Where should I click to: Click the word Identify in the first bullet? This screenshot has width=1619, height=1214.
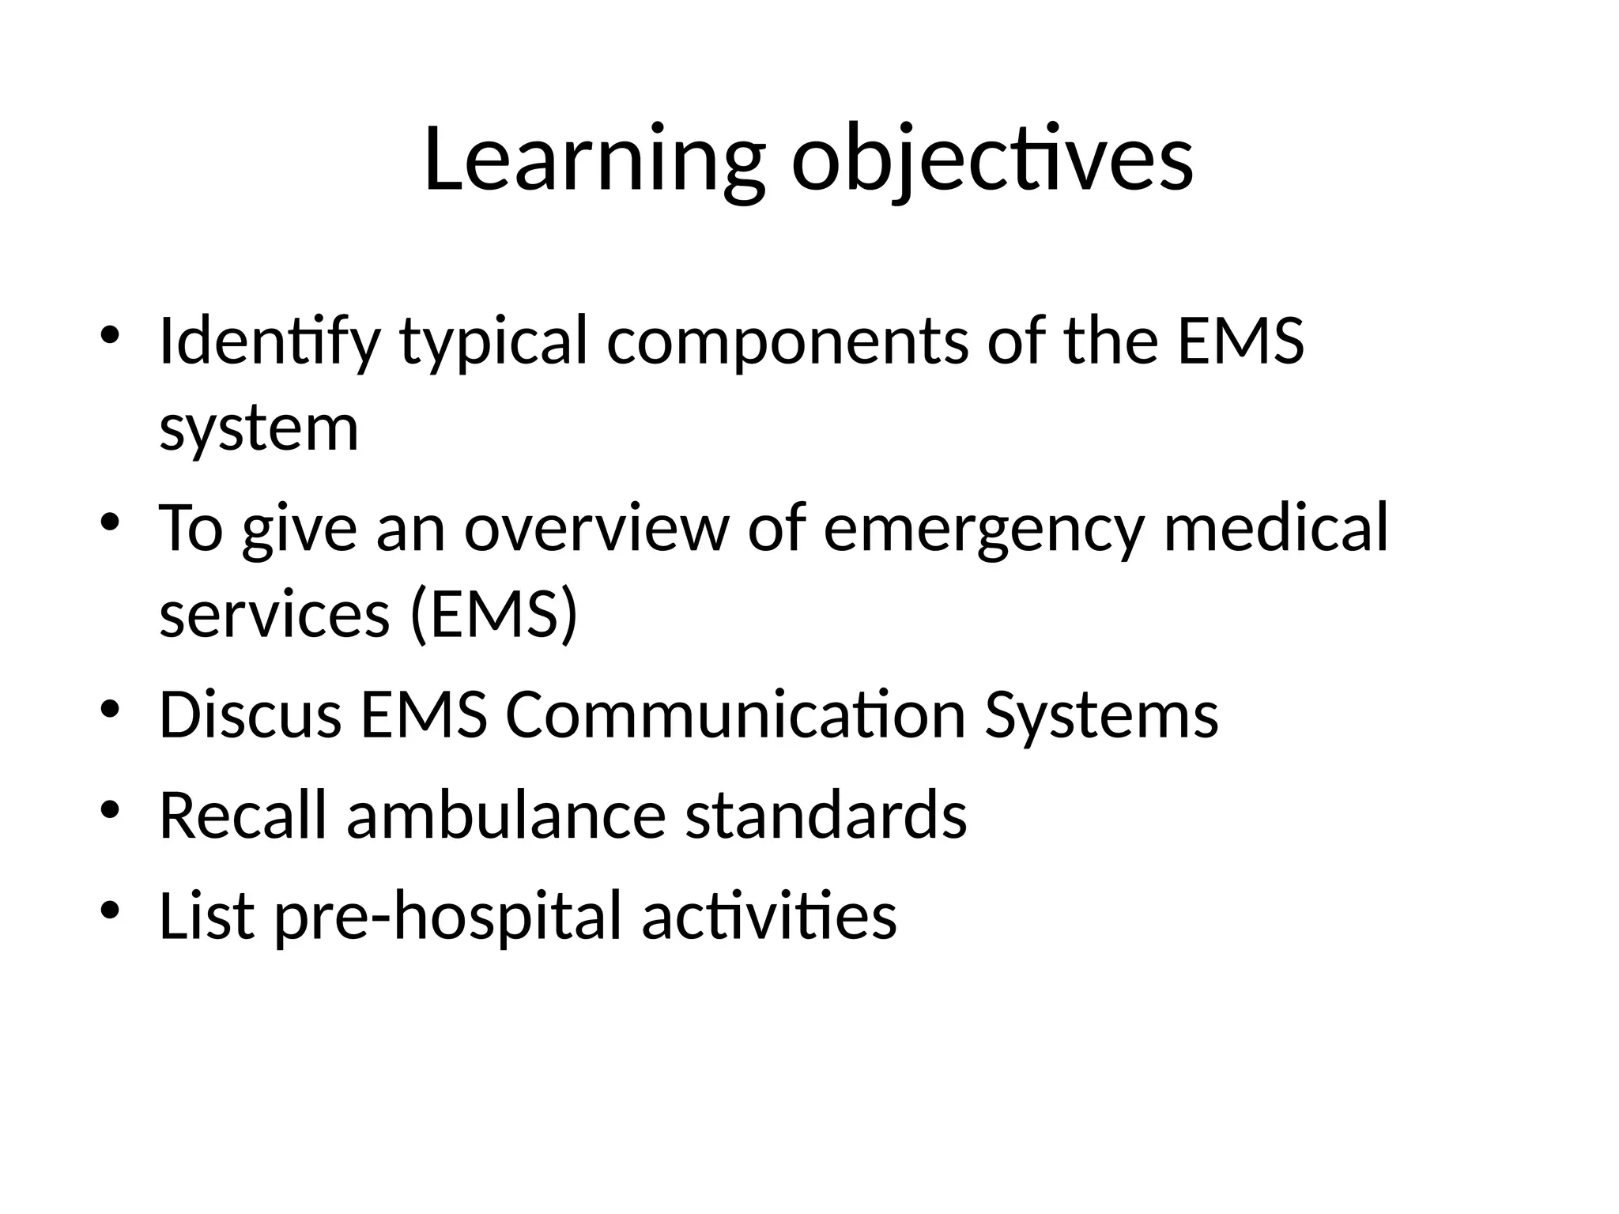coord(270,342)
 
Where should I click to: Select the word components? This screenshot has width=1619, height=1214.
coord(787,342)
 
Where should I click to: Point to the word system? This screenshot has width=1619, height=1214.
coord(259,429)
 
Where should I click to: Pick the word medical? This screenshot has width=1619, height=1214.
coord(1275,529)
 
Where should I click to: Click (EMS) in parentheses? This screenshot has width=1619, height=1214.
coord(494,616)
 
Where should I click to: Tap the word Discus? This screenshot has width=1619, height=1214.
coord(250,715)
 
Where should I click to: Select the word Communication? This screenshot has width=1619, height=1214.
coord(735,715)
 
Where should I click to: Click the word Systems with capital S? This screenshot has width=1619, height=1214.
coord(1100,715)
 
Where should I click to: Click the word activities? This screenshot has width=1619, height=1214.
coord(768,916)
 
